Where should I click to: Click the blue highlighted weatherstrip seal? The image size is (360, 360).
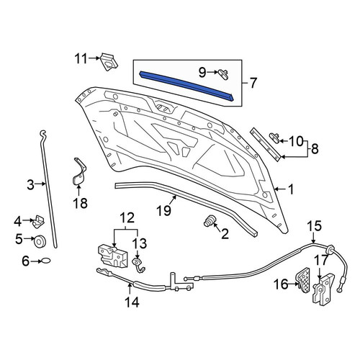tap(186, 86)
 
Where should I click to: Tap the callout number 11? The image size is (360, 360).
tap(81, 58)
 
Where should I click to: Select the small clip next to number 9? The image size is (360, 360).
tap(223, 73)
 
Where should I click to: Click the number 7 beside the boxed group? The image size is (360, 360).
tap(253, 83)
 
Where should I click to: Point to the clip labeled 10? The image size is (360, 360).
tap(275, 138)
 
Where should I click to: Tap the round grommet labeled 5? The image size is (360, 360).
tap(40, 242)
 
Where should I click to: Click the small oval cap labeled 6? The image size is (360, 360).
tap(46, 261)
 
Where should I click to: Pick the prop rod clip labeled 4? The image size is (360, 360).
tap(38, 221)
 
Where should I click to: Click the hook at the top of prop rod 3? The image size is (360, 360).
tap(42, 135)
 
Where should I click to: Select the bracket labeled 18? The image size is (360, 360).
tap(79, 172)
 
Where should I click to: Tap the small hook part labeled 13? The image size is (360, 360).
tap(139, 265)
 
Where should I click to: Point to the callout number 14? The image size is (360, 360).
tap(132, 302)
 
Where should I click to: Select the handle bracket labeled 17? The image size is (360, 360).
tap(323, 291)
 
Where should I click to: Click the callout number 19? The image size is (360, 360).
tap(163, 210)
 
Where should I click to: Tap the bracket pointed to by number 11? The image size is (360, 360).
tap(109, 62)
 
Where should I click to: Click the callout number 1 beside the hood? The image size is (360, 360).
tap(291, 189)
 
